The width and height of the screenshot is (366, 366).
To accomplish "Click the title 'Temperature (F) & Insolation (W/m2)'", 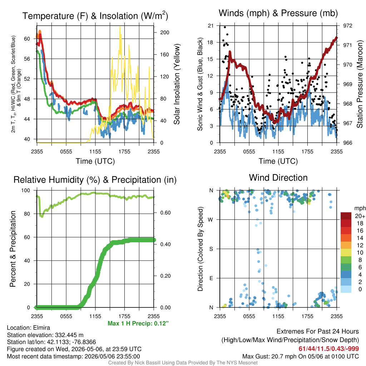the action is (x=95, y=16).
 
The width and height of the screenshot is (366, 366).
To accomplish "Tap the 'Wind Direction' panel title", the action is (x=278, y=178).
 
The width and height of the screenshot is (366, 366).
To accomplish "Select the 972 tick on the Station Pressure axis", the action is (x=347, y=26).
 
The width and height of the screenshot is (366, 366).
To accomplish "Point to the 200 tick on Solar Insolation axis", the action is (x=164, y=33).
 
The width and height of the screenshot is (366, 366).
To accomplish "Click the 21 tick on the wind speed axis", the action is (x=211, y=26).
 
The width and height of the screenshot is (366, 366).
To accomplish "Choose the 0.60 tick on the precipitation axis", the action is (x=165, y=213).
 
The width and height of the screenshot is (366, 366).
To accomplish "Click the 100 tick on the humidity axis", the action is (x=26, y=190).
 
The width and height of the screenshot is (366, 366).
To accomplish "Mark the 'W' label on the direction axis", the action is (x=211, y=220).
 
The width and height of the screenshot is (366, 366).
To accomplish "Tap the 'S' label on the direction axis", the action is (x=211, y=249).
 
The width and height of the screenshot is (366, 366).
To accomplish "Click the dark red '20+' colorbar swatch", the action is (x=346, y=216).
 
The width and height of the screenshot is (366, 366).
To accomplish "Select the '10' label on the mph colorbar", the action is (x=360, y=253).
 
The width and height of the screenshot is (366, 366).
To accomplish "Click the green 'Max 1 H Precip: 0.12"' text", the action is (x=138, y=323).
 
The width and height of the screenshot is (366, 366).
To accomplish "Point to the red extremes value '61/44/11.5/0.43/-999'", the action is (x=329, y=348).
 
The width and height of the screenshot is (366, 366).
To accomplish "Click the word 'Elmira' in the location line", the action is (x=41, y=327).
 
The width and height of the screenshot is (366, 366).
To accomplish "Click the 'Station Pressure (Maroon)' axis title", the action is (x=360, y=84).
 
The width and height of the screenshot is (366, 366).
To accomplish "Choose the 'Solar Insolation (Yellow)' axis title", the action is (x=177, y=84).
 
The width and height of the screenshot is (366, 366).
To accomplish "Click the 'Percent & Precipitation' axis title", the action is (x=13, y=249).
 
